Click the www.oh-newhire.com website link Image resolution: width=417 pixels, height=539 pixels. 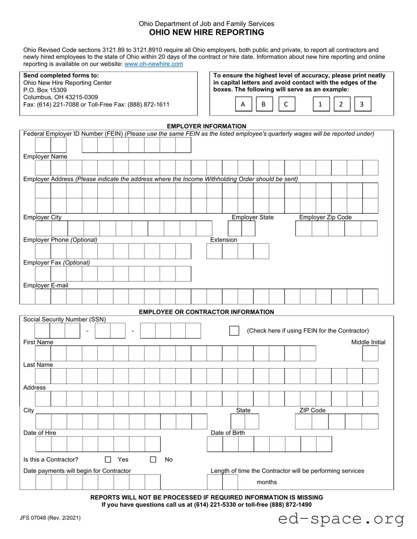(154, 64)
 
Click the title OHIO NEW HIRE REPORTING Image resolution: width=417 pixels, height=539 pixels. (207, 33)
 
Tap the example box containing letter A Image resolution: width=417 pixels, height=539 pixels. (243, 105)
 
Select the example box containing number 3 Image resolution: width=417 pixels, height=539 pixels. (362, 105)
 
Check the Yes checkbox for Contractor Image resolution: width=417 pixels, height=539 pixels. (109, 460)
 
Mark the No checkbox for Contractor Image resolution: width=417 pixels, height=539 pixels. (153, 460)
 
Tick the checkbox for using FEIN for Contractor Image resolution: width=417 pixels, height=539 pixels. (234, 331)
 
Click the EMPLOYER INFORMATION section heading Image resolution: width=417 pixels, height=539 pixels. (207, 126)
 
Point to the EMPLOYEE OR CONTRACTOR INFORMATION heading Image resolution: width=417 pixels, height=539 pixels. (207, 312)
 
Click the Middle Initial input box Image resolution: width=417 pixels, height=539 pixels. (370, 353)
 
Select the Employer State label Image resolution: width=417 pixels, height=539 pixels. (252, 217)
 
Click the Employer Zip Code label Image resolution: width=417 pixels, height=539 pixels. (326, 217)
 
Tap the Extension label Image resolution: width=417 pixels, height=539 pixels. (224, 240)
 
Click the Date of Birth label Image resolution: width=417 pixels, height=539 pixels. (228, 433)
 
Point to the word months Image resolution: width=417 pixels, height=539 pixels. (267, 482)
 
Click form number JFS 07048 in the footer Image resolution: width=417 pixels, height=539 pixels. (50, 518)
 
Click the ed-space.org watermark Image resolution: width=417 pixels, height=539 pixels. (341, 519)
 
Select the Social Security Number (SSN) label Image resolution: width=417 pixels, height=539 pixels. (65, 319)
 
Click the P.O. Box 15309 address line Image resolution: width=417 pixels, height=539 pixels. (45, 90)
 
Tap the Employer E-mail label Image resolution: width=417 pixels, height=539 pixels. (46, 285)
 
